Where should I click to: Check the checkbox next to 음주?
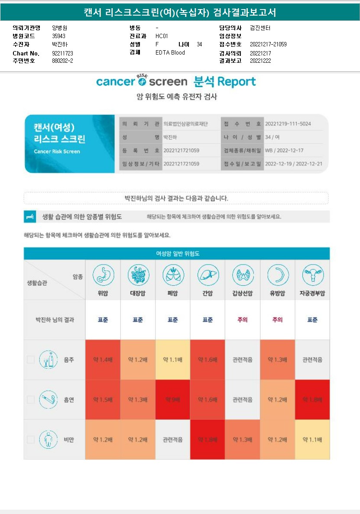31,359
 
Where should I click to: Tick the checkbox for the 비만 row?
31,440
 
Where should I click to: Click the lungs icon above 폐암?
172,275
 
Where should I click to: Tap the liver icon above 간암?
208,275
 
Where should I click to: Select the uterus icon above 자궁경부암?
312,275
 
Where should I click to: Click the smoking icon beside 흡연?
48,400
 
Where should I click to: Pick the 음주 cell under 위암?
103,360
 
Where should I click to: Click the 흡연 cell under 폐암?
172,400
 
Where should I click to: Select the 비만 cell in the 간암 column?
208,440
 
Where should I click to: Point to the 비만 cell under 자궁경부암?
312,440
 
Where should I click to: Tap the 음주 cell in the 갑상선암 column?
243,360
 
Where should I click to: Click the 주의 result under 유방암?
277,320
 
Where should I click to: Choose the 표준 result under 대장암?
138,320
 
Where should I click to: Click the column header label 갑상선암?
243,293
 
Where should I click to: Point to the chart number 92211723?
62,53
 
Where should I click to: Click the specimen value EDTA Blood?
170,53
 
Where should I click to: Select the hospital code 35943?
59,36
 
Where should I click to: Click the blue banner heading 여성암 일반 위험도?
177,253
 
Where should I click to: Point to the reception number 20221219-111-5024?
288,124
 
